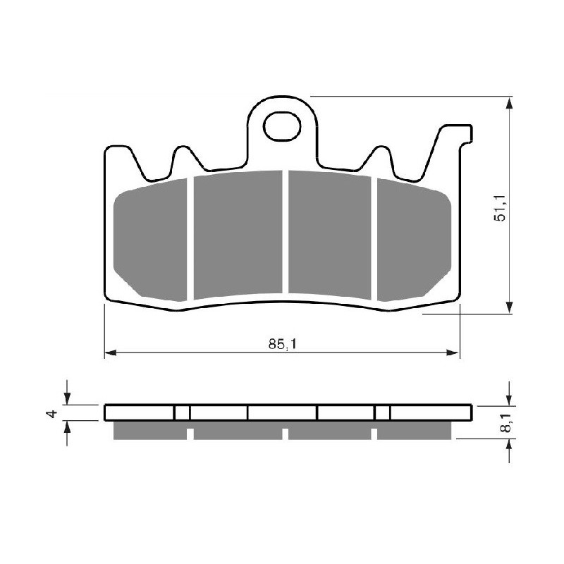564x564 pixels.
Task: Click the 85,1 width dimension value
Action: (281, 345)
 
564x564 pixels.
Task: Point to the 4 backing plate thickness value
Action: (51, 413)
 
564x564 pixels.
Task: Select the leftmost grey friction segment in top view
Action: (151, 239)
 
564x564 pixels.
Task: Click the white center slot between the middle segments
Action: (286, 233)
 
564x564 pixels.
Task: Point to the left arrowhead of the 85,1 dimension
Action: (110, 352)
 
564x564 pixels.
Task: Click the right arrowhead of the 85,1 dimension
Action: (454, 352)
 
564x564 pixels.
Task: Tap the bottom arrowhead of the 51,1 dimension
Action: (508, 309)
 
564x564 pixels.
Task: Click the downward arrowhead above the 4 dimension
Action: (67, 399)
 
